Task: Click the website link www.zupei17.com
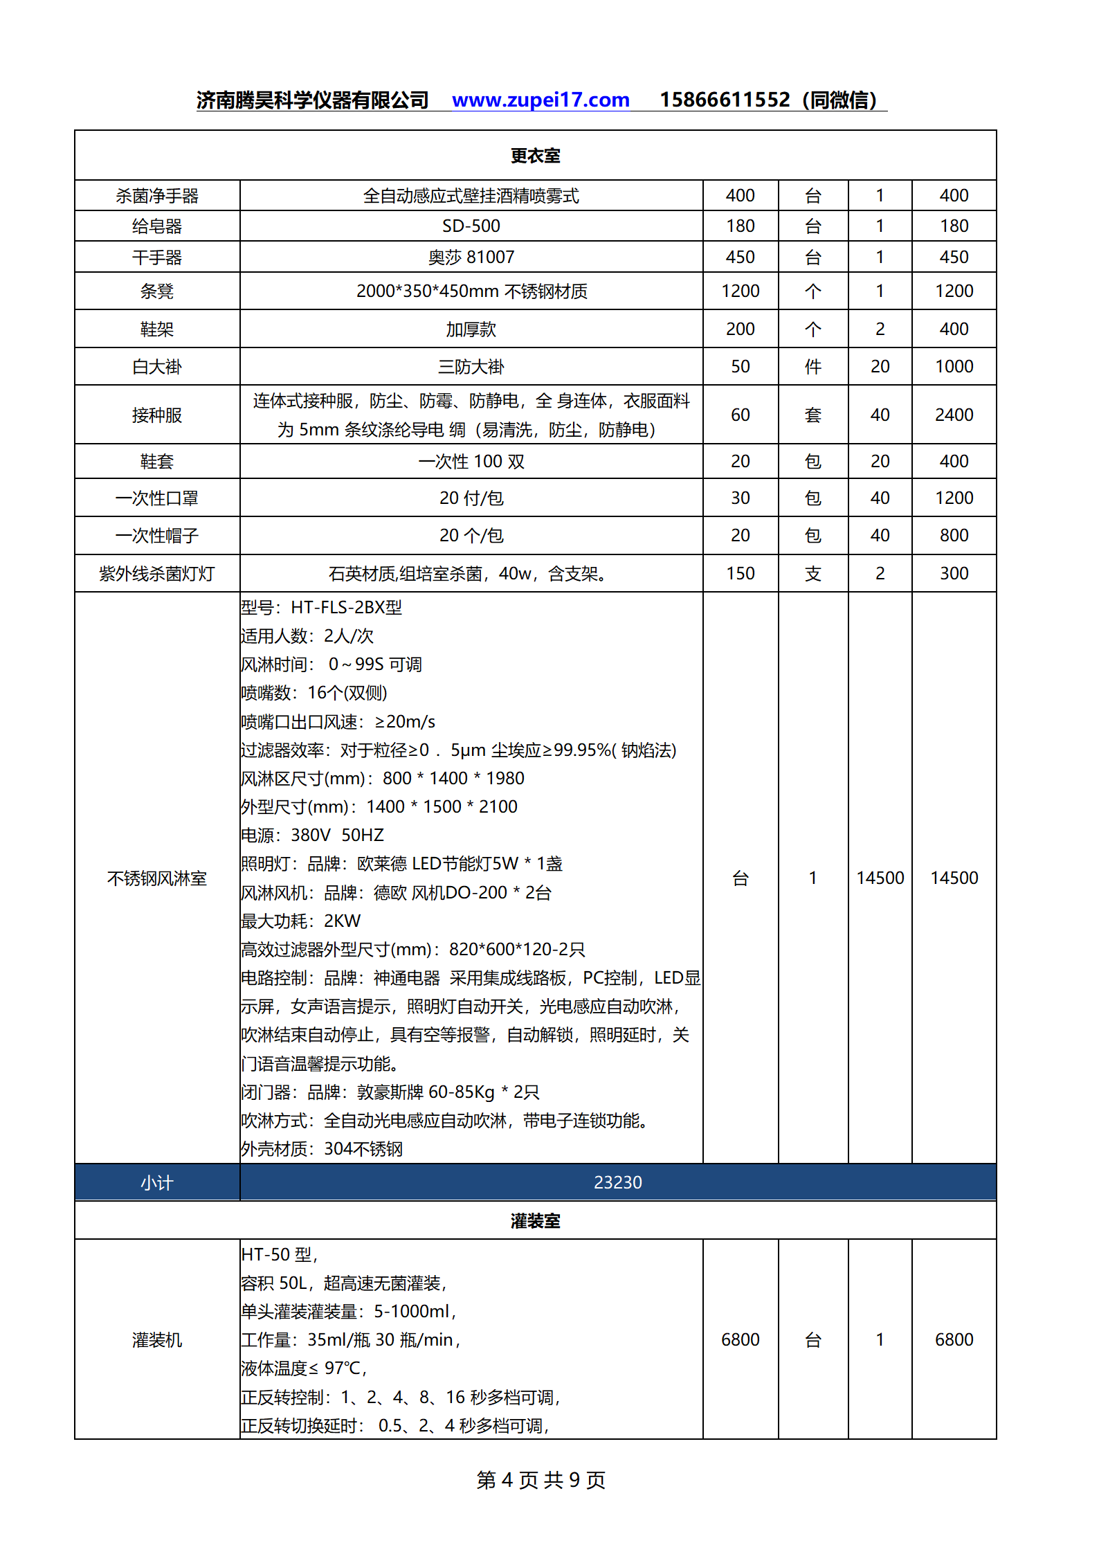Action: (541, 100)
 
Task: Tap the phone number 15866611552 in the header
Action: (724, 100)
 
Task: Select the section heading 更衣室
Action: (535, 156)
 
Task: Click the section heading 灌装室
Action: (535, 1220)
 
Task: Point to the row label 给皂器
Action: (157, 226)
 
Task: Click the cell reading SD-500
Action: (471, 226)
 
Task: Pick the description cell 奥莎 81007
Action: (471, 258)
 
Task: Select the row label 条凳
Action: (157, 291)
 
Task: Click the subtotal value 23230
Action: (617, 1182)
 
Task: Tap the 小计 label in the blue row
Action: (157, 1183)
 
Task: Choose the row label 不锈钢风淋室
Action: (157, 878)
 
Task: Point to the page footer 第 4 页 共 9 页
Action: (541, 1479)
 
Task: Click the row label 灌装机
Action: (157, 1340)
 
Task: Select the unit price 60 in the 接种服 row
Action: (740, 415)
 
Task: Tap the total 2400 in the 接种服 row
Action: (954, 415)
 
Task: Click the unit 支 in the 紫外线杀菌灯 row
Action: (812, 574)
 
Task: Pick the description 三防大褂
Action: (471, 367)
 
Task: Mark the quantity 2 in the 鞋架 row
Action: (880, 329)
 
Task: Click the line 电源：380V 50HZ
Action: (312, 835)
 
